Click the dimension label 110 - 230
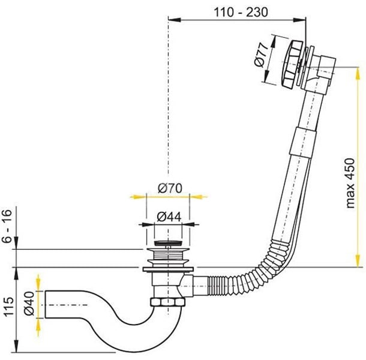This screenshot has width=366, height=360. coord(238,12)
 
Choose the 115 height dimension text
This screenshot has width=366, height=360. coord(7,309)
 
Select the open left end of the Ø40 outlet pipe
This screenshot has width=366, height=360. coord(46,305)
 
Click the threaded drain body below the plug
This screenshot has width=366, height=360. coord(167,257)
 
